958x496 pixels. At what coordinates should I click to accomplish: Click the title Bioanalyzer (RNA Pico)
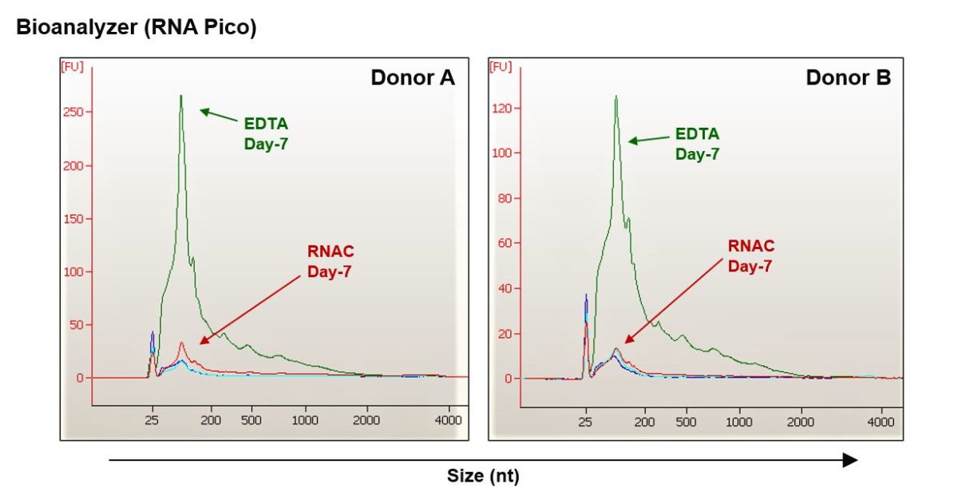(136, 27)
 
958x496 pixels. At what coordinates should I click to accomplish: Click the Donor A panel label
(412, 77)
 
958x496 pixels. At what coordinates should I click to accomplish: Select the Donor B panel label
(848, 77)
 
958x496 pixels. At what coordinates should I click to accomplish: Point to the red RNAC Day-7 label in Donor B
(750, 255)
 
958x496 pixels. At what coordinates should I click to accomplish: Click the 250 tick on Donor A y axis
(73, 113)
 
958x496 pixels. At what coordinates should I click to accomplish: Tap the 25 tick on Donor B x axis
(586, 422)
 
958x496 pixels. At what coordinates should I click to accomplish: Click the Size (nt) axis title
(482, 477)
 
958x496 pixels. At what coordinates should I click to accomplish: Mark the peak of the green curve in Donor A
(181, 96)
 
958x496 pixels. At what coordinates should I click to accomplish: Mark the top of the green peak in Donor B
(616, 96)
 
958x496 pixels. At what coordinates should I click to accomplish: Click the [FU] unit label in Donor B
(501, 66)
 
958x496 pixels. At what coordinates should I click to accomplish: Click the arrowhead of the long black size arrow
(850, 460)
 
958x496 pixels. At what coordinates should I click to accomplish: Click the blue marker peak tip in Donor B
(586, 295)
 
